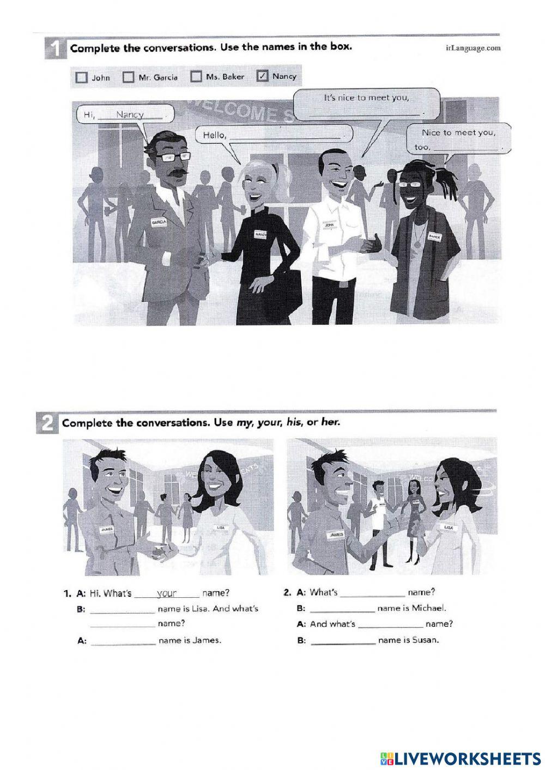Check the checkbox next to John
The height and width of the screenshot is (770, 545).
click(82, 77)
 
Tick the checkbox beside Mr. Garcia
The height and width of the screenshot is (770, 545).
click(128, 77)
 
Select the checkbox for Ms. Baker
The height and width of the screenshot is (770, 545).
click(196, 76)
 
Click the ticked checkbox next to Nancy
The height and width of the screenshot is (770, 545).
click(262, 76)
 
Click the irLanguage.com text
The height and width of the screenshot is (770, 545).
click(473, 48)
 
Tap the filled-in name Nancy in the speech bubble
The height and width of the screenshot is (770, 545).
click(129, 114)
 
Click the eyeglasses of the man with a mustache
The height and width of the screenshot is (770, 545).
click(173, 157)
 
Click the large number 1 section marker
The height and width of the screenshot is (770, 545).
click(55, 49)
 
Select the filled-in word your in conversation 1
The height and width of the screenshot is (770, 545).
click(167, 593)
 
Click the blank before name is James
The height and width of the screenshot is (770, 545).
click(123, 641)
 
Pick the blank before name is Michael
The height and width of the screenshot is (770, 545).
click(342, 609)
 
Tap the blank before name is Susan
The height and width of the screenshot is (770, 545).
click(343, 641)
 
